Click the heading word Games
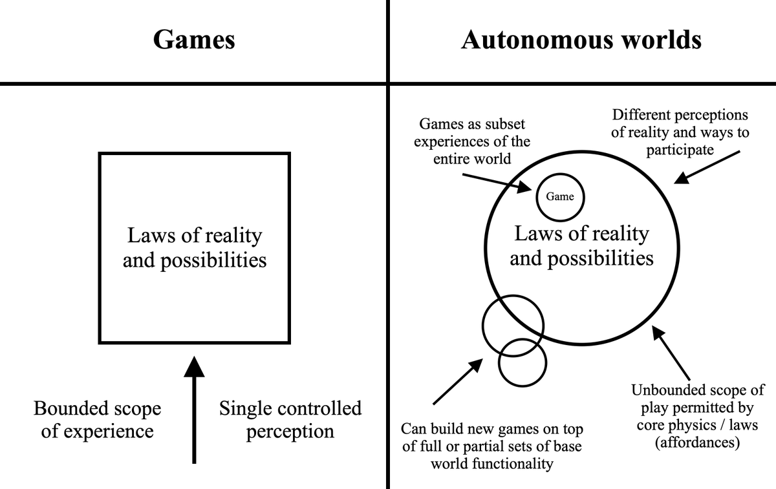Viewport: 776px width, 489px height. coord(194,40)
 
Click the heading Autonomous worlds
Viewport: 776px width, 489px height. coord(581,40)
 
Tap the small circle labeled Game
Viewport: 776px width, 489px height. coord(560,196)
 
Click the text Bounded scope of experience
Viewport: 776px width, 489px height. coord(97,420)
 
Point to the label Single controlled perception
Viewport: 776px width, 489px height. coord(290,420)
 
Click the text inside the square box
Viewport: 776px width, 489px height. coord(194,248)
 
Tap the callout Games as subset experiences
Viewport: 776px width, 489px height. coord(472,141)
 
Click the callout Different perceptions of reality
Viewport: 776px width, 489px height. coord(679,132)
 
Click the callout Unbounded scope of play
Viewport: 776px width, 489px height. coord(697,417)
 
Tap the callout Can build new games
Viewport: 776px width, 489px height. coord(492,446)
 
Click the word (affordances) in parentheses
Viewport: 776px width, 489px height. coord(697,443)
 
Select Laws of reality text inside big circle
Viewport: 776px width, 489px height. coord(581,234)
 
